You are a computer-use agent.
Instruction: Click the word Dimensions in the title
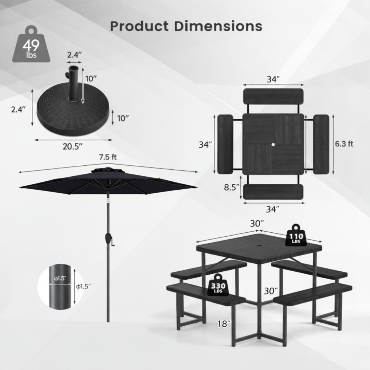coord(218,26)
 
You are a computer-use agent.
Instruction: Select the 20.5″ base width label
coord(72,146)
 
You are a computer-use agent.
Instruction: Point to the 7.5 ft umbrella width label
coord(108,157)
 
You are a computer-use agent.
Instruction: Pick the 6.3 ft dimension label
coord(344,144)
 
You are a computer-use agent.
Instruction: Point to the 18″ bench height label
coord(224,324)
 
